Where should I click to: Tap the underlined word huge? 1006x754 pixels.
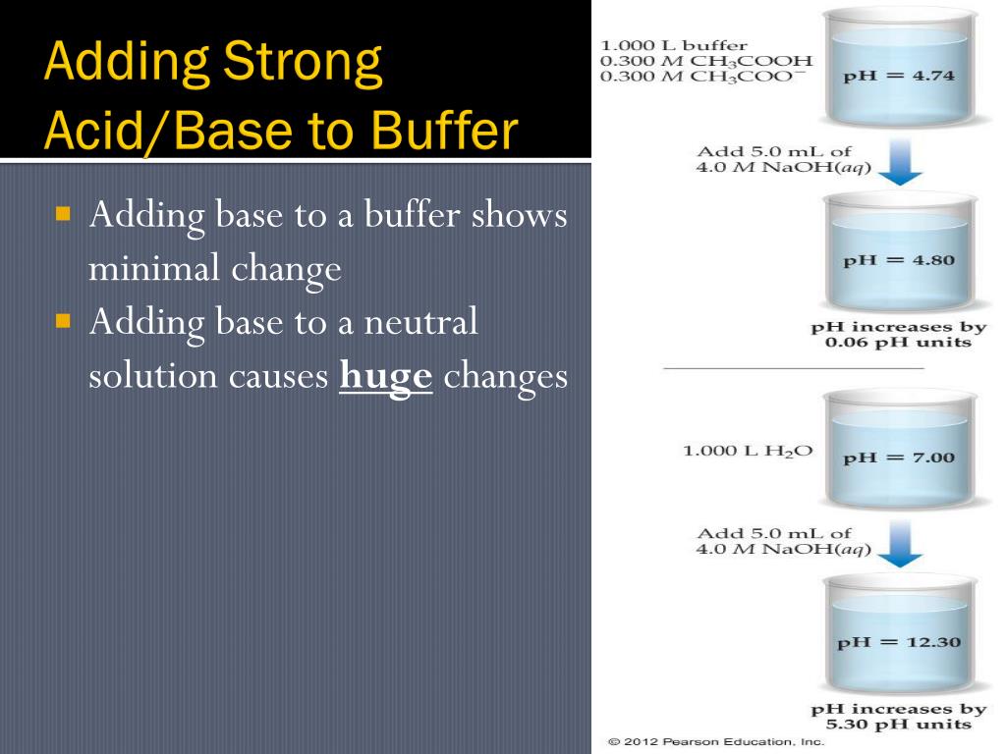386,378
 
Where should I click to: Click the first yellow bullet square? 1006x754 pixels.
65,212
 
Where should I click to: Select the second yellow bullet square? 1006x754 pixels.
65,320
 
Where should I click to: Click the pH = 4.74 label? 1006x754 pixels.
898,78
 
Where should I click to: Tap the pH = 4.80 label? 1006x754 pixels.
898,261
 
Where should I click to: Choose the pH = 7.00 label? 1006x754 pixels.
898,458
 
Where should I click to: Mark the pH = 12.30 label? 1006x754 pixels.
898,643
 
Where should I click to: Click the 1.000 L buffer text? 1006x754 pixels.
674,45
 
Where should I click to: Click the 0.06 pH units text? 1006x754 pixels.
898,343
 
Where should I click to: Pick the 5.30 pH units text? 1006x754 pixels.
898,725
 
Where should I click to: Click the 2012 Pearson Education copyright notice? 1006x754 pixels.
716,742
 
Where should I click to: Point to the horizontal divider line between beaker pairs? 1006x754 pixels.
794,368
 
